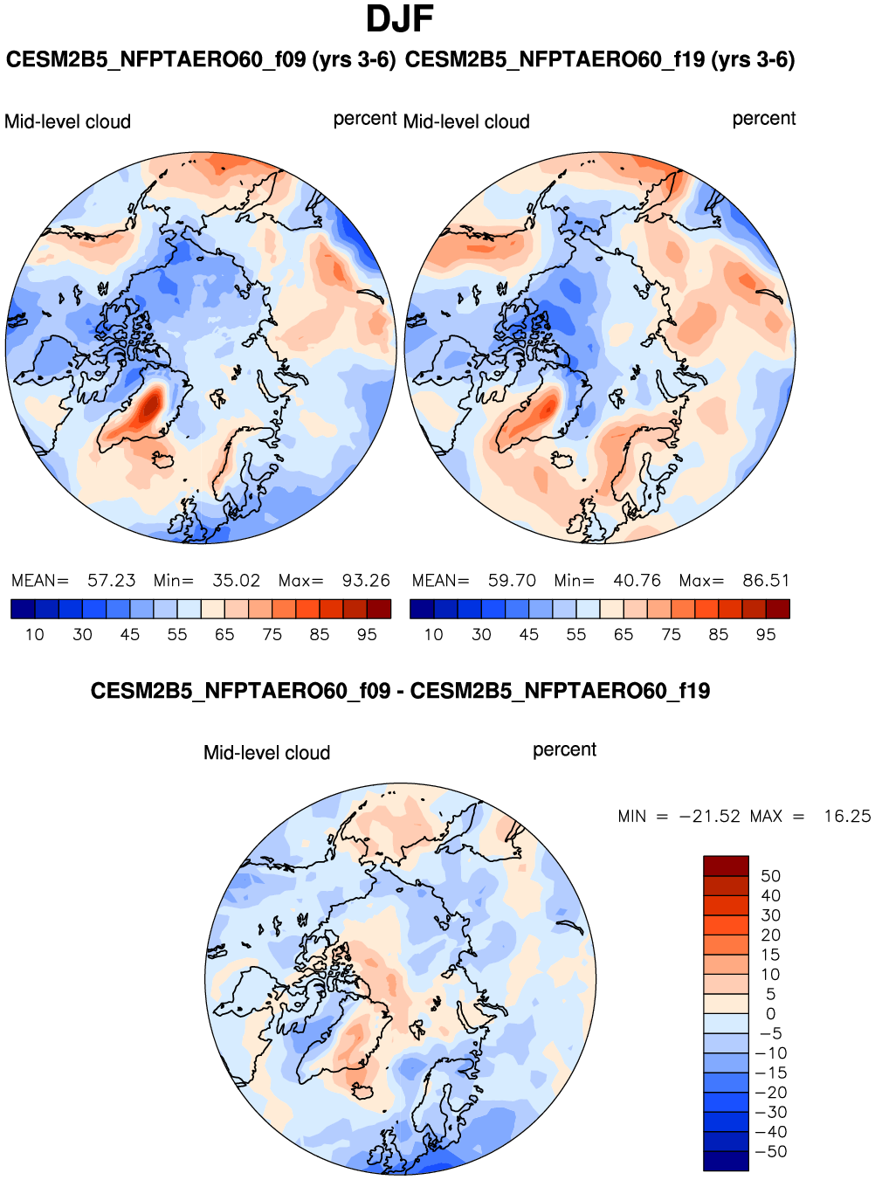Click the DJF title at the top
(399, 19)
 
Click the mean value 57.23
(111, 581)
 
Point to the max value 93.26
(366, 581)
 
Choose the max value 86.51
(766, 581)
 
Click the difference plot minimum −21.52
(709, 817)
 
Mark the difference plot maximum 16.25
(846, 817)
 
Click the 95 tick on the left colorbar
(367, 635)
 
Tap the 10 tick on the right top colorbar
(434, 635)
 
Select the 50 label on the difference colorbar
(770, 876)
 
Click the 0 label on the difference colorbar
(770, 1014)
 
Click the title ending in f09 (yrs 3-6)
(200, 60)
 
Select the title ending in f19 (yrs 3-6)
(600, 60)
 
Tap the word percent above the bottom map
(564, 750)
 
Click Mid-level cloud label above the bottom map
(266, 753)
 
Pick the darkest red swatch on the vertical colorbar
(726, 866)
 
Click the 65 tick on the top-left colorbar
(224, 635)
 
